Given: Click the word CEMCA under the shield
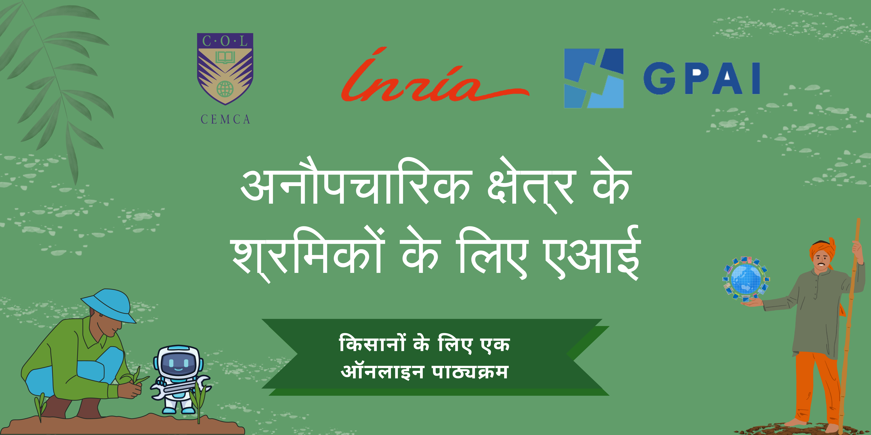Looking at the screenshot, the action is click(225, 119).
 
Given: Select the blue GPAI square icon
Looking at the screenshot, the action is click(594, 78).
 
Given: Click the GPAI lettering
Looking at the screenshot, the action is click(702, 78).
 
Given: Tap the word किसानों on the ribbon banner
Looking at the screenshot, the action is click(372, 344).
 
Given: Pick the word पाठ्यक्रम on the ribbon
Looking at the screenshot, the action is click(470, 372).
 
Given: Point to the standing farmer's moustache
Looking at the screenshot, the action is click(821, 263).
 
